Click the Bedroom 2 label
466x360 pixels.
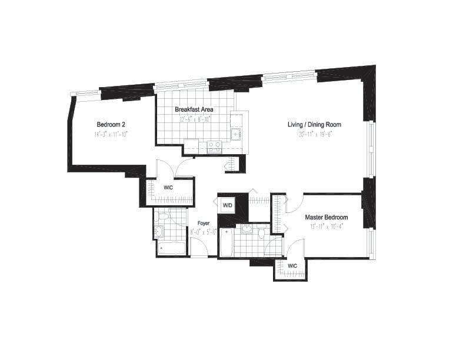pyautogui.click(x=111, y=125)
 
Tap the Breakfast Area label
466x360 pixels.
pyautogui.click(x=194, y=109)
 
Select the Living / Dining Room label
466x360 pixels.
pyautogui.click(x=314, y=125)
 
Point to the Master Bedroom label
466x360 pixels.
pyautogui.click(x=326, y=217)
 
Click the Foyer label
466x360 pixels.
pyautogui.click(x=204, y=224)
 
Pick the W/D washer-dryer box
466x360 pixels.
pyautogui.click(x=227, y=205)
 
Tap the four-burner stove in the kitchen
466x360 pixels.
pyautogui.click(x=214, y=146)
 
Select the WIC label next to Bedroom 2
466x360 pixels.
pyautogui.click(x=168, y=188)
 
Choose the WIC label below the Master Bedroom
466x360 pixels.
pyautogui.click(x=292, y=266)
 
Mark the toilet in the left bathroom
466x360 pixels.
pyautogui.click(x=163, y=217)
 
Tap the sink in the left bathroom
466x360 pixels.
pyautogui.click(x=159, y=231)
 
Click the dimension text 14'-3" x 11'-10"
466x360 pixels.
pyautogui.click(x=111, y=134)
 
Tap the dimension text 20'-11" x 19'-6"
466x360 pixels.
pyautogui.click(x=314, y=134)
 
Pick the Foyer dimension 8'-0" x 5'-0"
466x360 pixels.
pyautogui.click(x=204, y=232)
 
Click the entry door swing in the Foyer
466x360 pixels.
pyautogui.click(x=199, y=249)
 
